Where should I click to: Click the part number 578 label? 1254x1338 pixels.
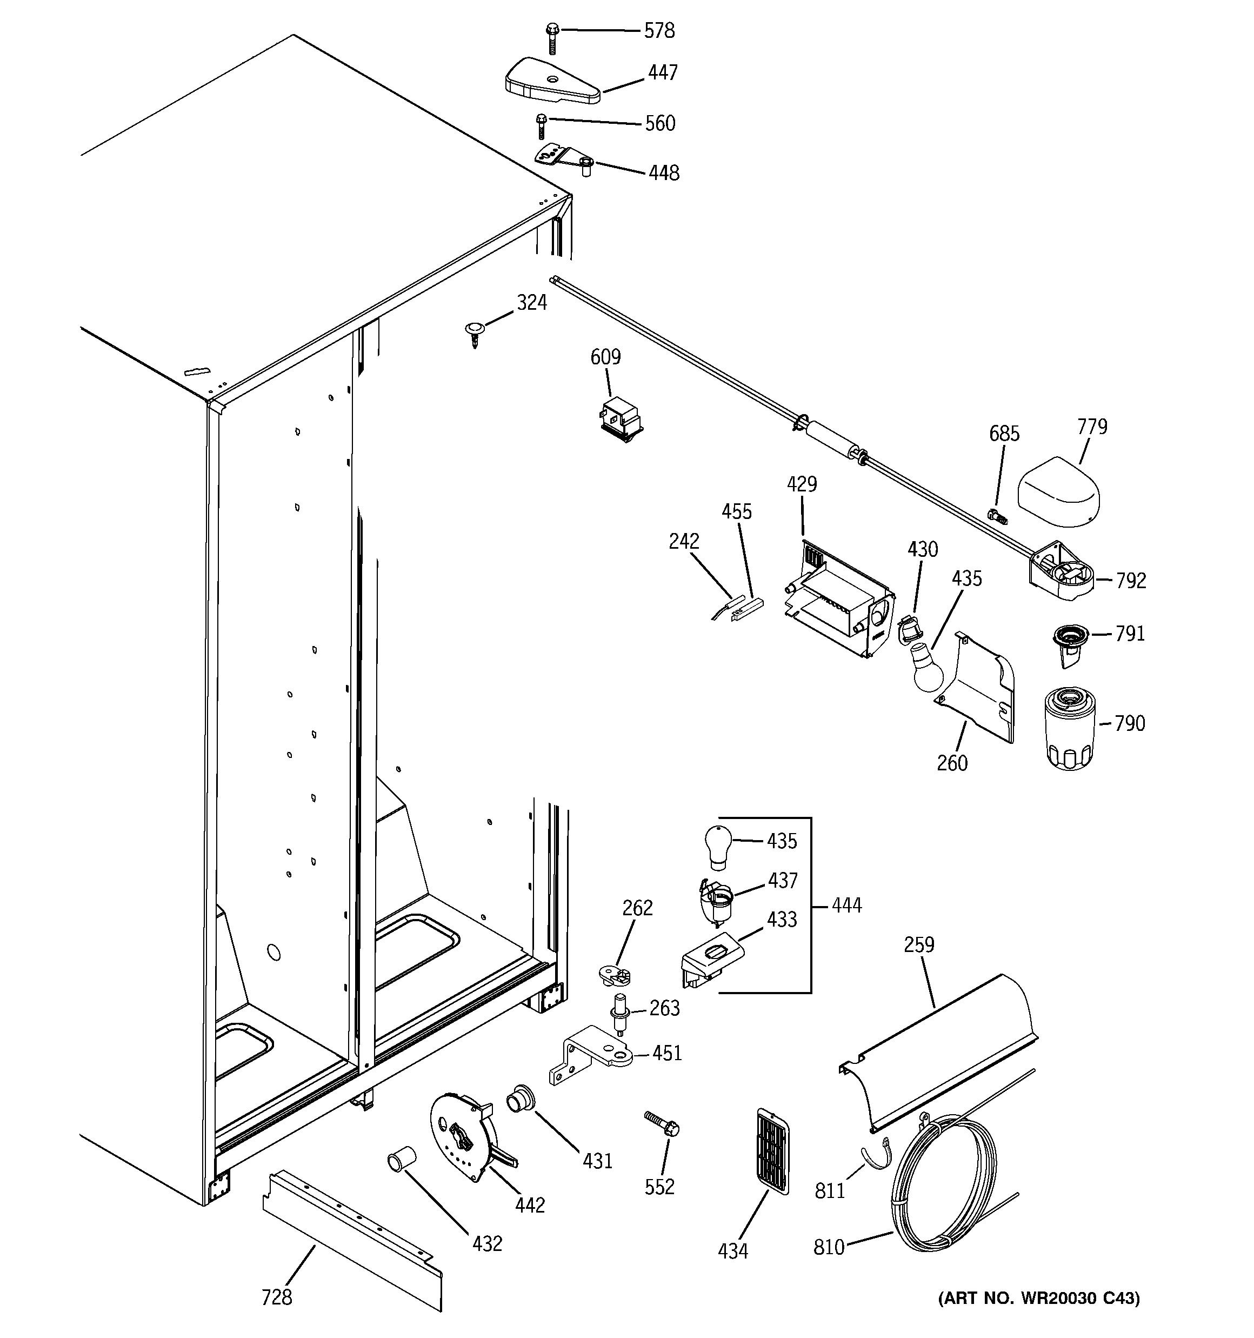[659, 30]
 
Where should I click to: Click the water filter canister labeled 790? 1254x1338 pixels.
[1070, 728]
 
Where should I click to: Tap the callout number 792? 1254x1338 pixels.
[1131, 580]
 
